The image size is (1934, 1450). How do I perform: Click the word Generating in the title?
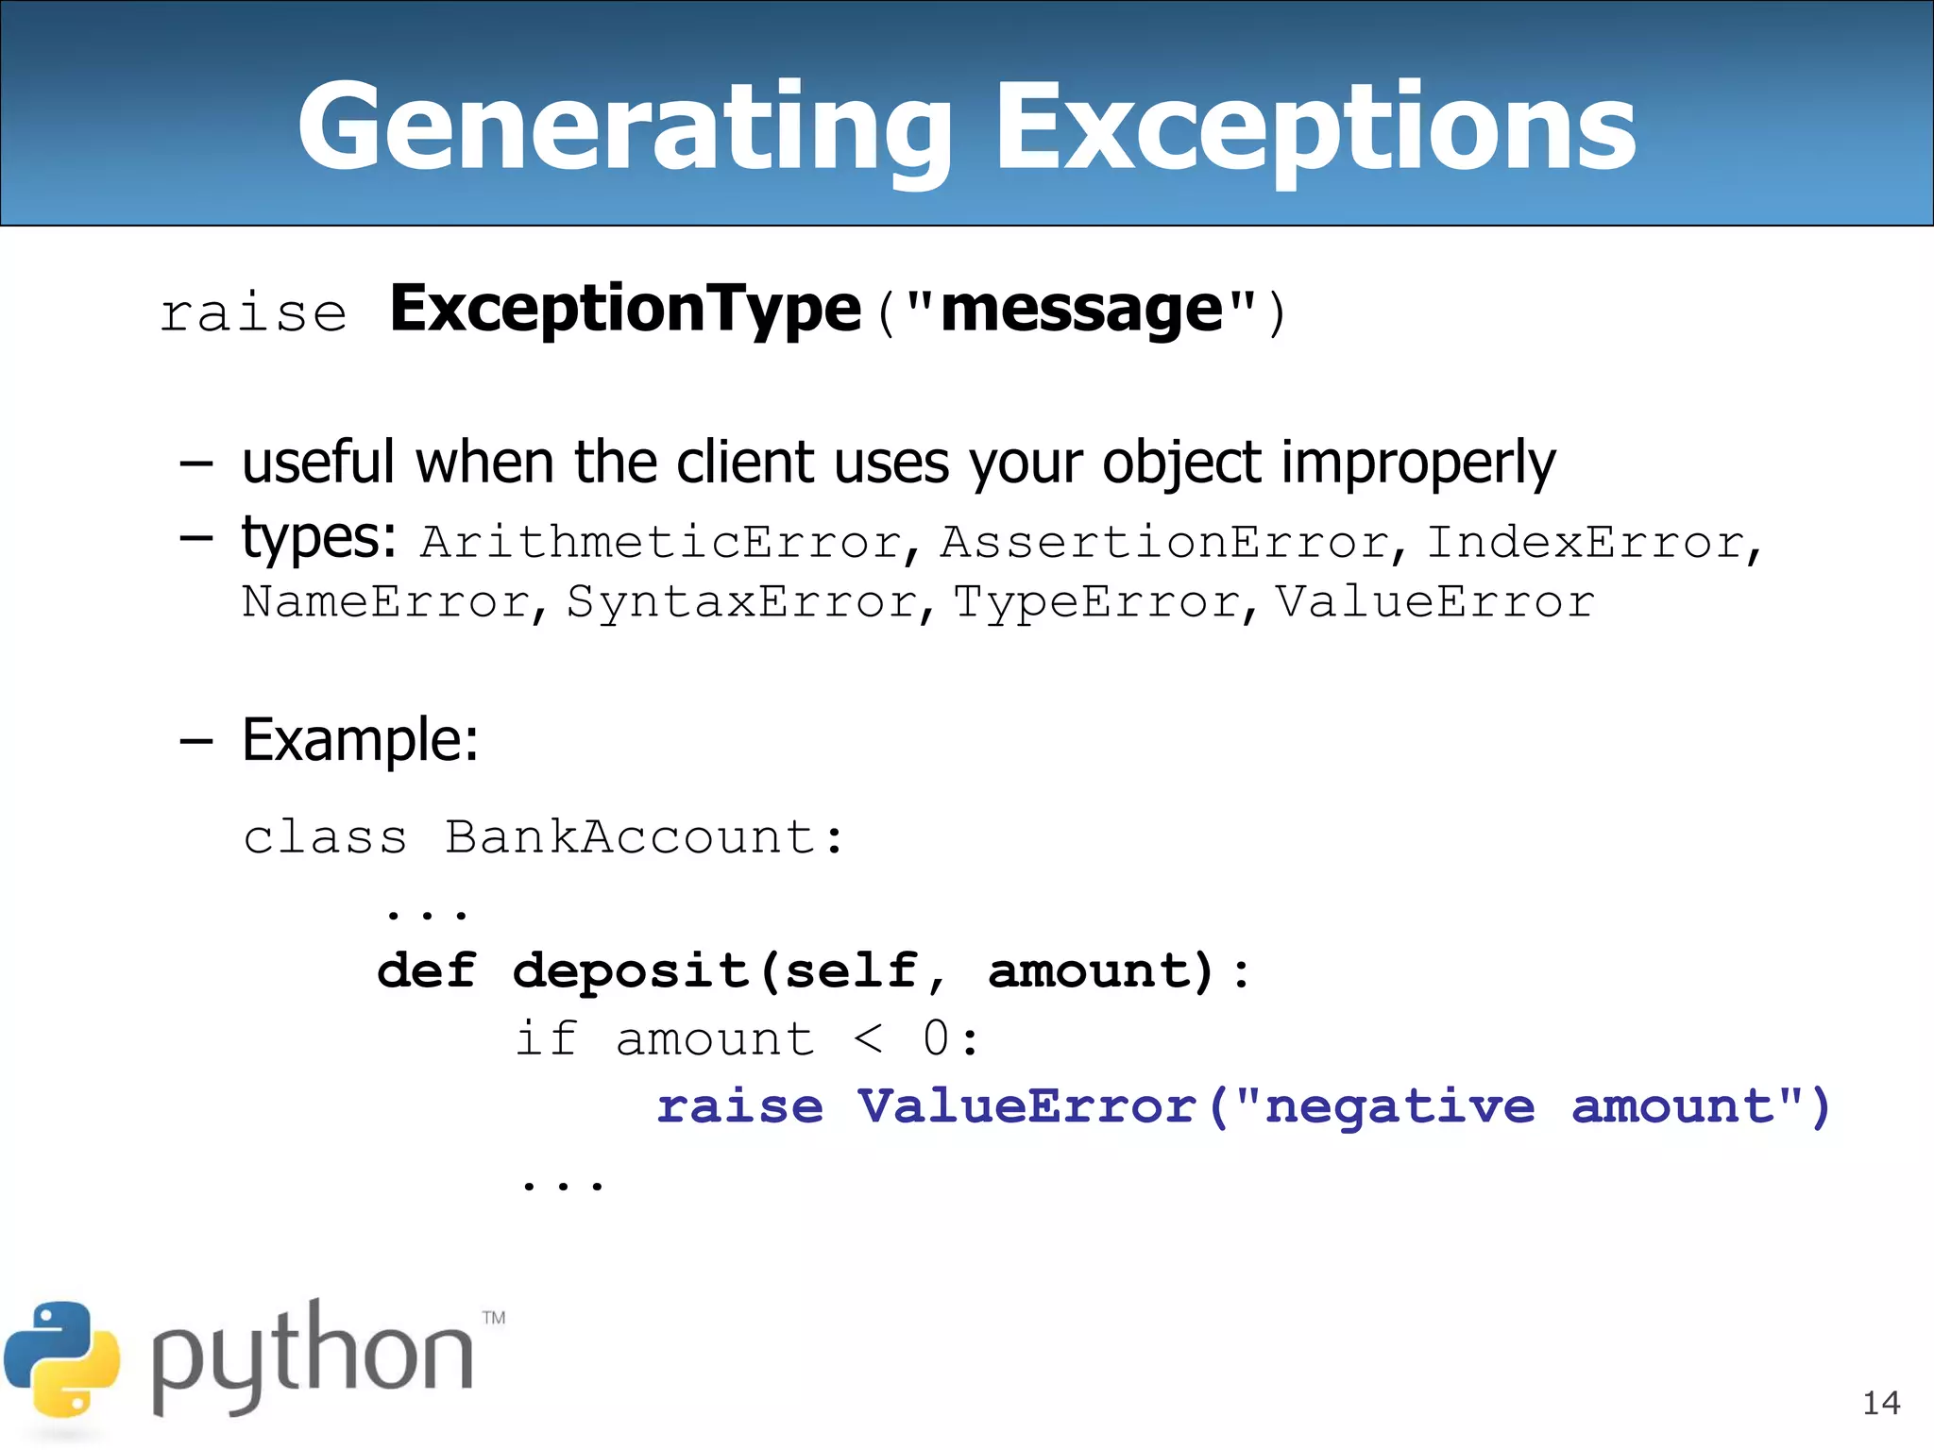pos(623,127)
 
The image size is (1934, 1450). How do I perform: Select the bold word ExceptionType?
pos(625,310)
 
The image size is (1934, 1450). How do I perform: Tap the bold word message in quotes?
pos(1082,310)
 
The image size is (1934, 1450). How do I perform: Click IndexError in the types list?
pos(1586,543)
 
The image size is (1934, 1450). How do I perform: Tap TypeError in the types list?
pos(1097,602)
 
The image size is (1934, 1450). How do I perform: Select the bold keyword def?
pos(427,971)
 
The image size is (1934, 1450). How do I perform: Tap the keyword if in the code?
pos(546,1039)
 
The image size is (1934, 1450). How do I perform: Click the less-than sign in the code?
pos(868,1039)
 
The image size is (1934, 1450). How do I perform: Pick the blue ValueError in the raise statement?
pos(1027,1106)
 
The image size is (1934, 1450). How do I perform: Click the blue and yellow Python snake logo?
pos(62,1359)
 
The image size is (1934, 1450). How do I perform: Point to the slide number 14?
pos(1881,1403)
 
